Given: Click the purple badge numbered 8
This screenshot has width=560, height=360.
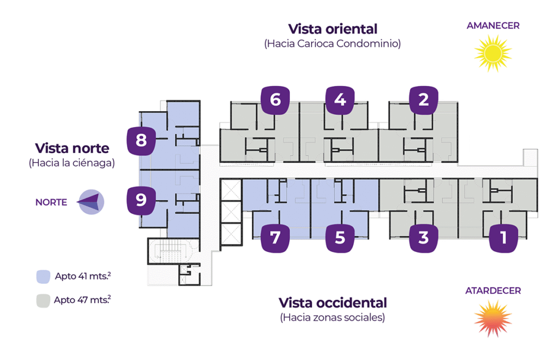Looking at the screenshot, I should (141, 141).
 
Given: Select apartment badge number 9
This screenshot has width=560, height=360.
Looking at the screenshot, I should (141, 200).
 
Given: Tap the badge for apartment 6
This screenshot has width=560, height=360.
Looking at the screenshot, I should (275, 100).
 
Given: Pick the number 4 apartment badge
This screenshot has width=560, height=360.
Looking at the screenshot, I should (340, 100).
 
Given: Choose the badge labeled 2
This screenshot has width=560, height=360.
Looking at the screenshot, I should (423, 100).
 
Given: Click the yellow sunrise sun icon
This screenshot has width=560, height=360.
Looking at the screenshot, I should (492, 53).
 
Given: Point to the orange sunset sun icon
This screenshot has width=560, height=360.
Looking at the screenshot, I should (492, 318).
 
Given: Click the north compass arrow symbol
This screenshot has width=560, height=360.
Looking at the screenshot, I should (90, 202).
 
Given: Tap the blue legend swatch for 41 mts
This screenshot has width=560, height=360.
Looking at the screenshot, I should (43, 276).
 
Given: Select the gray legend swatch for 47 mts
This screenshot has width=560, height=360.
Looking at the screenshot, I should (43, 300).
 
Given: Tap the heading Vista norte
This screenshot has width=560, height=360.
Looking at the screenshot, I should (72, 148).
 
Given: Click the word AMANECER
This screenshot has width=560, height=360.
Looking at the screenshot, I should (493, 25).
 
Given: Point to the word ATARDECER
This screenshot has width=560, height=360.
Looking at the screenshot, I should (493, 291).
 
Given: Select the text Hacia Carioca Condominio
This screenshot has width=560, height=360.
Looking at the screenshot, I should (332, 44).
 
